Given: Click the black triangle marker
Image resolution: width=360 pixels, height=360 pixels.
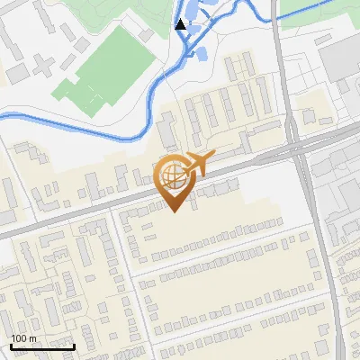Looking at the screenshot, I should (x=183, y=24).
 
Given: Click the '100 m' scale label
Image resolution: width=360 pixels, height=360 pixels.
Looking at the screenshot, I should (x=24, y=338).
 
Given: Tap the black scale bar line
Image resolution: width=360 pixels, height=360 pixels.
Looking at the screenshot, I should (x=41, y=346).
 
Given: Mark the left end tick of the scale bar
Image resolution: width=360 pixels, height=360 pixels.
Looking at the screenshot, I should (x=10, y=345).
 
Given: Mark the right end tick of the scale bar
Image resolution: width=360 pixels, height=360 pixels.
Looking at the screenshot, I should (x=74, y=345).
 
